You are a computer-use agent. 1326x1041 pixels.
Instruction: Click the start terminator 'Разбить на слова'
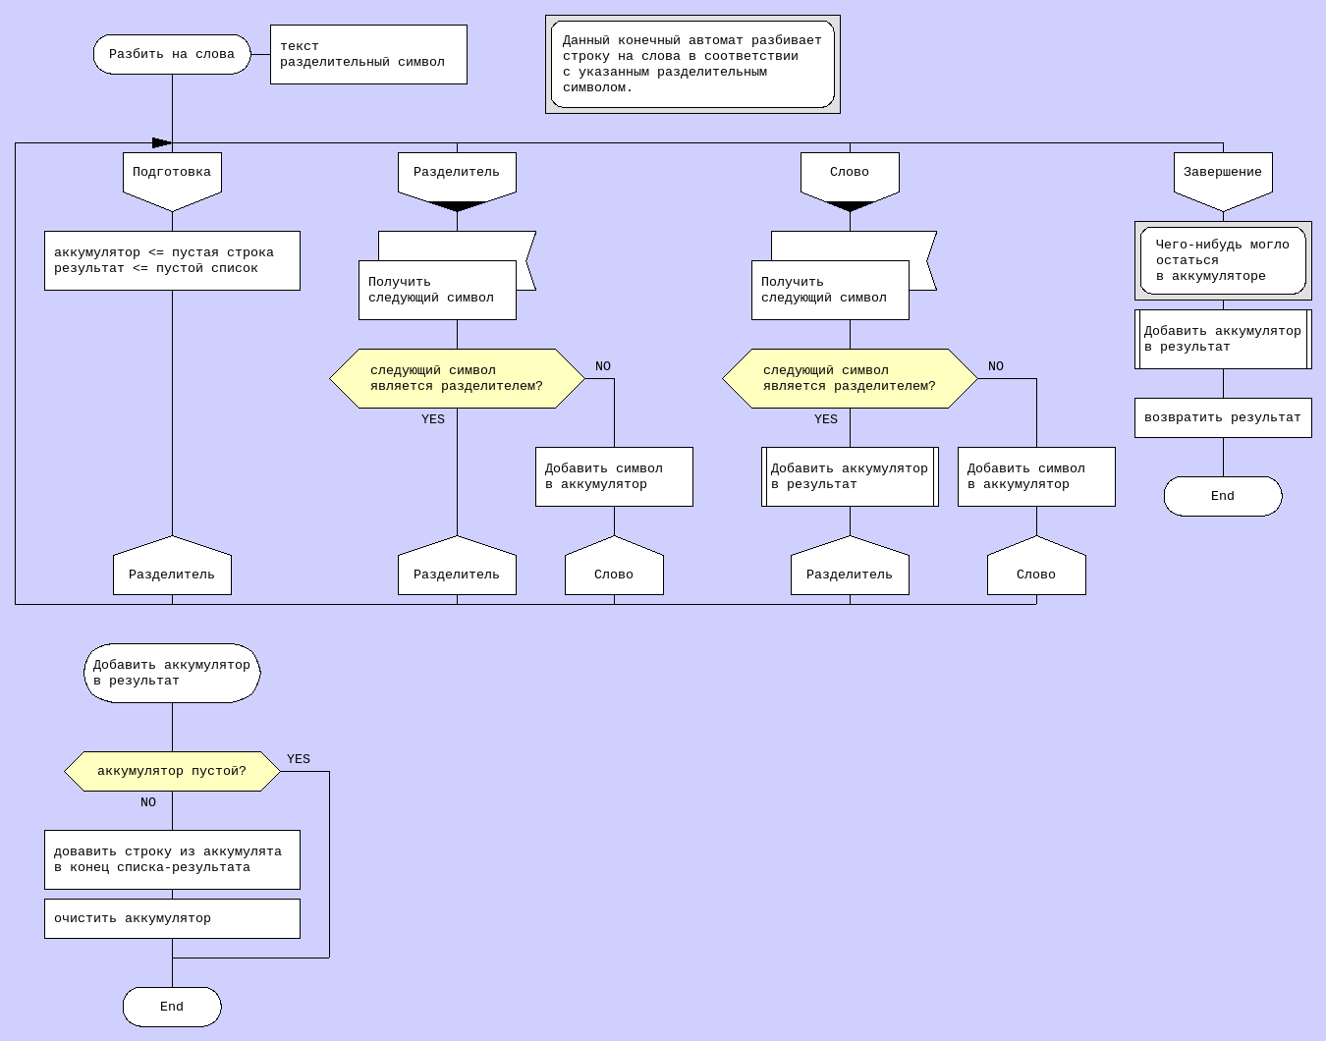coord(172,54)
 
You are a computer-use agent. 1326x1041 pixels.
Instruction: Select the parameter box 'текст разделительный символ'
coord(368,54)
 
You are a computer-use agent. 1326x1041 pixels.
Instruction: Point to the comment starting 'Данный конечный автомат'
coord(692,64)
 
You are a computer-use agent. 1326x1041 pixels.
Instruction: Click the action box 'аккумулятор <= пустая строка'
coord(172,260)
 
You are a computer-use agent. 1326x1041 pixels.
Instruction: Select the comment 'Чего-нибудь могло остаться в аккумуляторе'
coord(1223,260)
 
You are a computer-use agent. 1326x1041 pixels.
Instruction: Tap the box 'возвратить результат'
coord(1223,417)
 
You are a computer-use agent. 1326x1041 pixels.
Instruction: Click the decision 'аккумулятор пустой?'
coord(172,771)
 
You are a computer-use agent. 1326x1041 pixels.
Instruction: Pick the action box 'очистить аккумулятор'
coord(172,918)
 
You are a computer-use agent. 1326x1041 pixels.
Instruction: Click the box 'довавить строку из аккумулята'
coord(172,859)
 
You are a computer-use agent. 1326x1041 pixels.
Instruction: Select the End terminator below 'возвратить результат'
coord(1223,496)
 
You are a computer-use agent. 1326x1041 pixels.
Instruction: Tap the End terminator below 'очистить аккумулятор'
coord(172,1007)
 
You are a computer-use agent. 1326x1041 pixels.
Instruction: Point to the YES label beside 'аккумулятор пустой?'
coord(299,759)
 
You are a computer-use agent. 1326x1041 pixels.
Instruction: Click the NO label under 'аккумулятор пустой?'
coord(148,802)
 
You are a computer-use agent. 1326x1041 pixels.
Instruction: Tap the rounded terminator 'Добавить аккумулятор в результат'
coord(172,673)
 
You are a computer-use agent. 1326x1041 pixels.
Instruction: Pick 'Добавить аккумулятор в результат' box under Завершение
coord(1223,339)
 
